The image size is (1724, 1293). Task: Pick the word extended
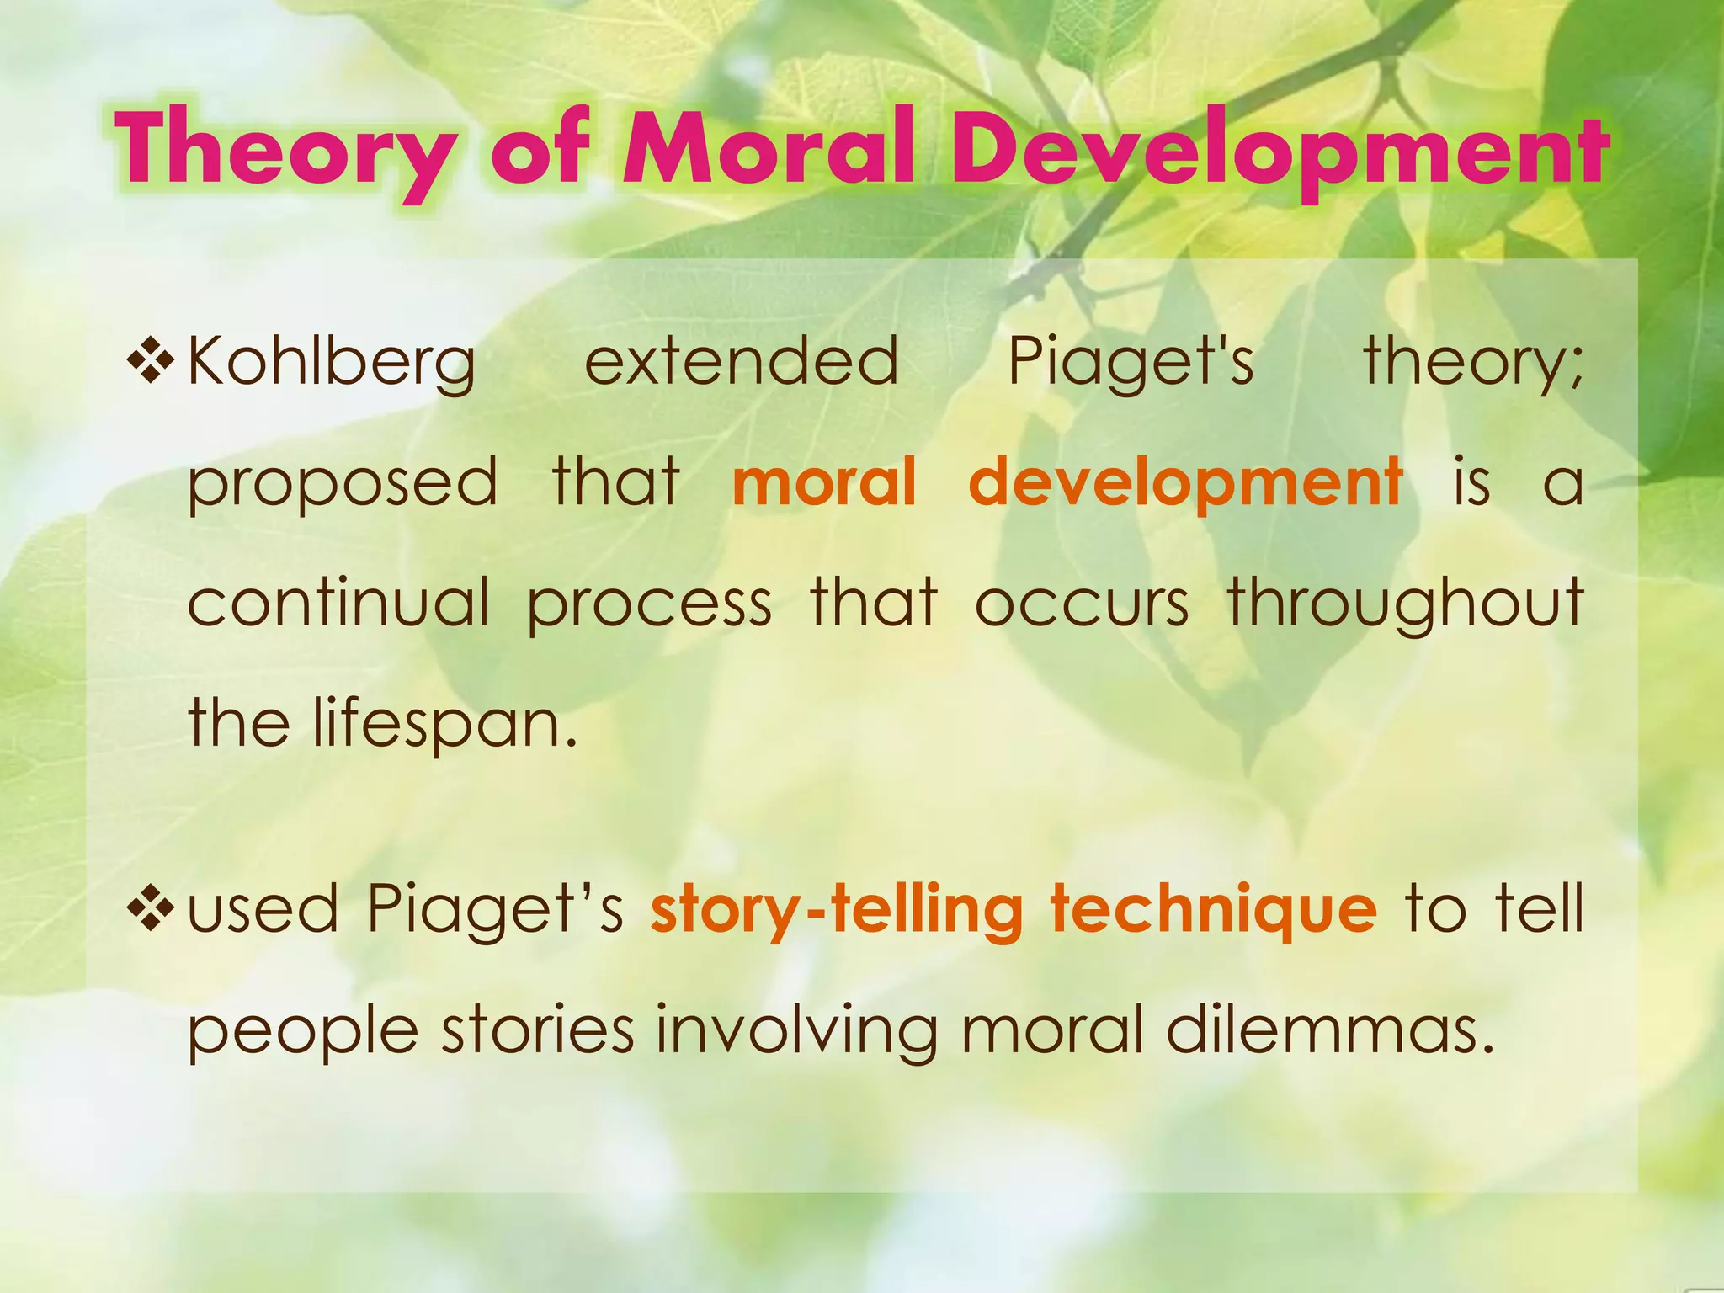742,361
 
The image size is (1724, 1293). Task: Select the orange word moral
824,482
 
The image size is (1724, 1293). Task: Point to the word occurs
1082,604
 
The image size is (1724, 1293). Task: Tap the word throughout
1406,604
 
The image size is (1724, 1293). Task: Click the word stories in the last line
538,1030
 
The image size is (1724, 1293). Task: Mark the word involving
796,1032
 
